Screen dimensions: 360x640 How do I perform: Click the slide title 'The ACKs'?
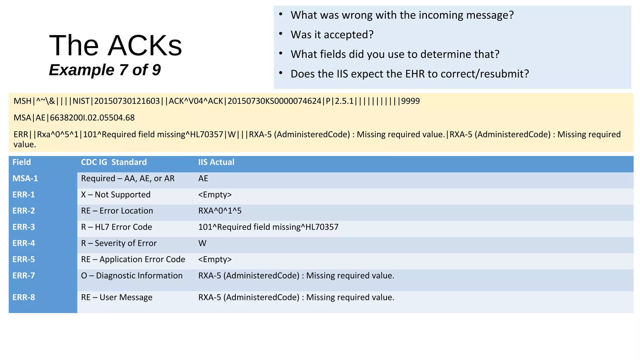(116, 46)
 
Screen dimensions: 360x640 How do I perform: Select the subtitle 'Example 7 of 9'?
(105, 70)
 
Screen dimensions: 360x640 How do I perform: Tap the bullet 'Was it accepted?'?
(332, 35)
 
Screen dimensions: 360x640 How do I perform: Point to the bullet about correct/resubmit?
(409, 74)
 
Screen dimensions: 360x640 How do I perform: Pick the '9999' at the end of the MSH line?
(410, 101)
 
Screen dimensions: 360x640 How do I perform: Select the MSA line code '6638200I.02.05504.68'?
(92, 118)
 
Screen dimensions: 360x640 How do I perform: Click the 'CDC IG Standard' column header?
(114, 162)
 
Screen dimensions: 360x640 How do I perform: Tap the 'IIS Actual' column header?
(216, 162)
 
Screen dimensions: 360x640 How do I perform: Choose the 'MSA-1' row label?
(25, 178)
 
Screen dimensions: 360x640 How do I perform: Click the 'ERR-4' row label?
(24, 243)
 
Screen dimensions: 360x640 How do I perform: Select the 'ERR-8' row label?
(24, 297)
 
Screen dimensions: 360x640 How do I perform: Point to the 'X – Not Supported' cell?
(116, 195)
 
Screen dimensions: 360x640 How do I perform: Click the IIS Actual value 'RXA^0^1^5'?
(220, 211)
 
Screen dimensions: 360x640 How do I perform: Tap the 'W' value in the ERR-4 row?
(202, 243)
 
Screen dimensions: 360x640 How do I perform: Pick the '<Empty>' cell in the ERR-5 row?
(215, 259)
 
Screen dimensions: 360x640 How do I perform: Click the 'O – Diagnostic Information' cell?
(132, 276)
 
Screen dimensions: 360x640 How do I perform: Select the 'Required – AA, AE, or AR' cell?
(127, 178)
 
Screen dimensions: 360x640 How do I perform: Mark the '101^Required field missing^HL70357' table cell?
(268, 227)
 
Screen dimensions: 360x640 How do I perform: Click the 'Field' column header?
(22, 162)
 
